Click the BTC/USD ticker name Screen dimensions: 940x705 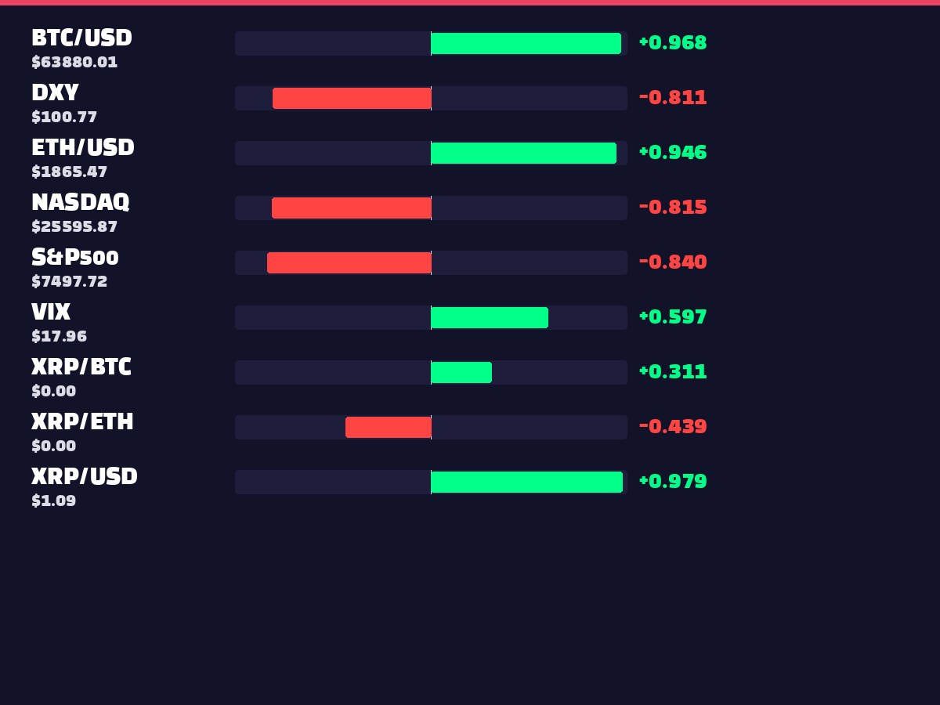(x=81, y=38)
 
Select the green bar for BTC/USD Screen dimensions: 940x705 (x=526, y=43)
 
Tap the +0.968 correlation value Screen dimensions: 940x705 (x=673, y=43)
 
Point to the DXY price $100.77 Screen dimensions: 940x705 (x=64, y=117)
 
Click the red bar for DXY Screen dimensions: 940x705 (x=352, y=98)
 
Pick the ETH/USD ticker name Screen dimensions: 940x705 (x=83, y=147)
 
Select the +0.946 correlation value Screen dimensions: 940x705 (x=673, y=153)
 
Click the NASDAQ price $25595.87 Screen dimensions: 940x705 (x=74, y=226)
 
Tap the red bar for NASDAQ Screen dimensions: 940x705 (x=352, y=208)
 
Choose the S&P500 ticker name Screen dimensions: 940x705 (x=75, y=257)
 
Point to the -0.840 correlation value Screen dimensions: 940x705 (x=673, y=262)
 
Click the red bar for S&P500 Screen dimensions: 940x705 (x=349, y=262)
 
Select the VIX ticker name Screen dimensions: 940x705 (x=51, y=312)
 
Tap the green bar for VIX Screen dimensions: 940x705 (x=490, y=317)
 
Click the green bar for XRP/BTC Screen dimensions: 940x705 (x=461, y=372)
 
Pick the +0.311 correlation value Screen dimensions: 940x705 (x=673, y=371)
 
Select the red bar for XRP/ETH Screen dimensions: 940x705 (x=389, y=427)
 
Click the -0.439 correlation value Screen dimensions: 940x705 (x=673, y=426)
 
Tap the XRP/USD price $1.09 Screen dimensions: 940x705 (x=54, y=501)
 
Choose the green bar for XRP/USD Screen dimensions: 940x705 (x=527, y=482)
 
